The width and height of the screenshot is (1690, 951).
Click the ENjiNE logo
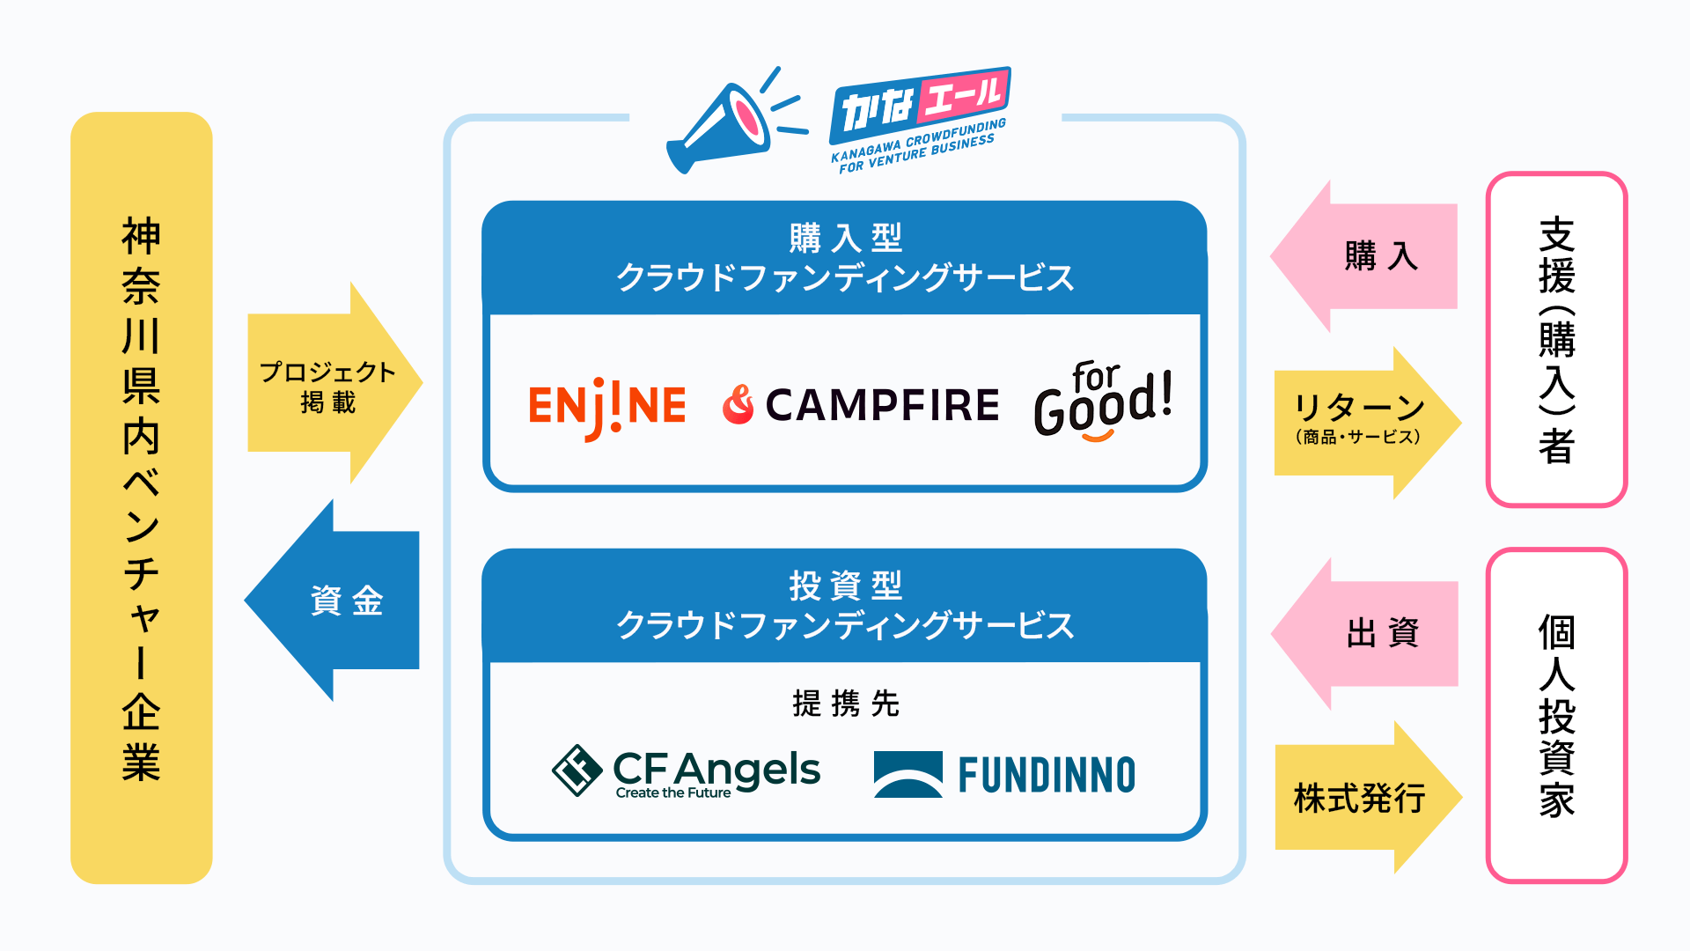tap(607, 406)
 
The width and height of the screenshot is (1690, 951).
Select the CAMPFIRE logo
tap(861, 405)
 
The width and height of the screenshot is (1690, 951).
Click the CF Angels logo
tap(687, 771)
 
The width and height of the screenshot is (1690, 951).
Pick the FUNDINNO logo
tap(1004, 775)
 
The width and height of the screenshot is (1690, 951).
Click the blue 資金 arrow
tap(339, 601)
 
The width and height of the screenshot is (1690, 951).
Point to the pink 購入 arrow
tap(1369, 256)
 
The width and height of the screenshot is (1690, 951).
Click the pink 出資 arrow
tap(1369, 633)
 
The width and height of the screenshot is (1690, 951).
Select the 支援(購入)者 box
tap(1556, 340)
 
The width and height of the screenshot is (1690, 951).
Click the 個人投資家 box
tap(1556, 715)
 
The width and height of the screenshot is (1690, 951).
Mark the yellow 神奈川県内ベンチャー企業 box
tap(141, 498)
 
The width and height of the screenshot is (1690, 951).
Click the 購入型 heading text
tap(845, 238)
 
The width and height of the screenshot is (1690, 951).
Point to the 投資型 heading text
tap(845, 586)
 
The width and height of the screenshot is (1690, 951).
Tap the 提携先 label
tap(845, 704)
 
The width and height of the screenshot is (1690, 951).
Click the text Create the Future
tap(673, 793)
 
